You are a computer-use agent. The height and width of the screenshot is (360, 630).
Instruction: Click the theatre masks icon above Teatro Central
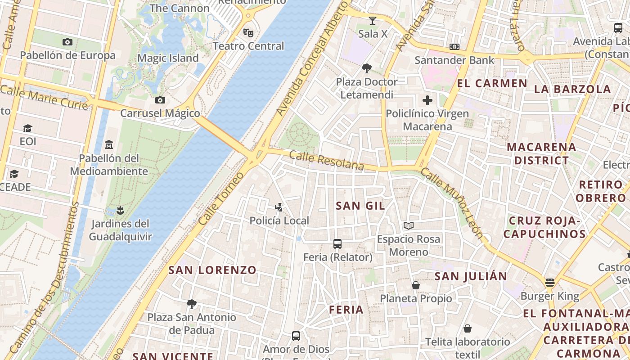pos(248,32)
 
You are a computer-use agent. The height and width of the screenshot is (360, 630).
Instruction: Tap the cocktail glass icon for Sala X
pos(372,20)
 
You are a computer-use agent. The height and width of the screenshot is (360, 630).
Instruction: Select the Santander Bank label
pos(454,60)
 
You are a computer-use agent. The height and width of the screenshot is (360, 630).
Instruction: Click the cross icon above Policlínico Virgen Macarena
pos(427,100)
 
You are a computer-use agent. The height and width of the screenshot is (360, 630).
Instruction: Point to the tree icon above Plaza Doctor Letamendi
pos(367,68)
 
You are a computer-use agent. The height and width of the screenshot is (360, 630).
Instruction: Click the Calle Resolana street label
pos(326,161)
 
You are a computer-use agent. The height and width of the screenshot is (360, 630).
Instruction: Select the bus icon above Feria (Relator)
pos(337,244)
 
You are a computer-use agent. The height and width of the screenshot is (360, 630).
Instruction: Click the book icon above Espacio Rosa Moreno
pos(408,225)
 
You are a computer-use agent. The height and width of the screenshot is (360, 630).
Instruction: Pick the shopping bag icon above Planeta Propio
pos(416,285)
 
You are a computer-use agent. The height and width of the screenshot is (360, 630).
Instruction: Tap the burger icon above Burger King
pos(549,283)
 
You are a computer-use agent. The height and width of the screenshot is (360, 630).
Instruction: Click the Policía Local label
pos(279,220)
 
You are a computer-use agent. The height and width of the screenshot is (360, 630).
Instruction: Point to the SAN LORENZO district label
pos(212,270)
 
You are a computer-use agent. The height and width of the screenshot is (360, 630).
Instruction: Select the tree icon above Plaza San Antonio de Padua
pos(192,304)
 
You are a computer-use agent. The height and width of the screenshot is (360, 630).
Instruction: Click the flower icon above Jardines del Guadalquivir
pos(120,210)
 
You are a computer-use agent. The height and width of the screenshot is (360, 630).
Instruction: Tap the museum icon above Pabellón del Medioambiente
pos(108,145)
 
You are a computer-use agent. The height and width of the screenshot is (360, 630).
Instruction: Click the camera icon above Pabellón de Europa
pos(67,42)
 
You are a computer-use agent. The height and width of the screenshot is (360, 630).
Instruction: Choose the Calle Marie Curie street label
pos(44,98)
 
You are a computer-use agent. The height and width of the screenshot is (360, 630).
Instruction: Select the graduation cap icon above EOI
pos(27,128)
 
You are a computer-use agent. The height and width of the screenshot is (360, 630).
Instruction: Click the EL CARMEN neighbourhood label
pos(492,83)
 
